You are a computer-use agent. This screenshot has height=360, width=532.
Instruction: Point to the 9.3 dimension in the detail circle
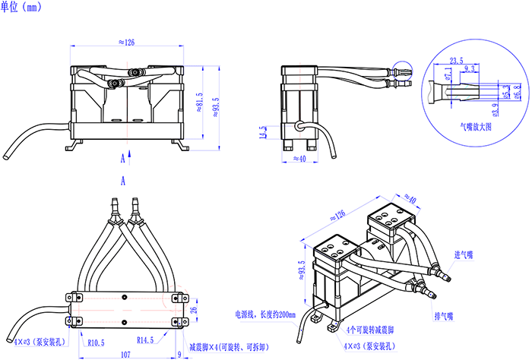[469, 69]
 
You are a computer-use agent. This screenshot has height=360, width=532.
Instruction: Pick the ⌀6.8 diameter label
[518, 92]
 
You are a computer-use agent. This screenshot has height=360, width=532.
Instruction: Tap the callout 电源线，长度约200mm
[264, 314]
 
